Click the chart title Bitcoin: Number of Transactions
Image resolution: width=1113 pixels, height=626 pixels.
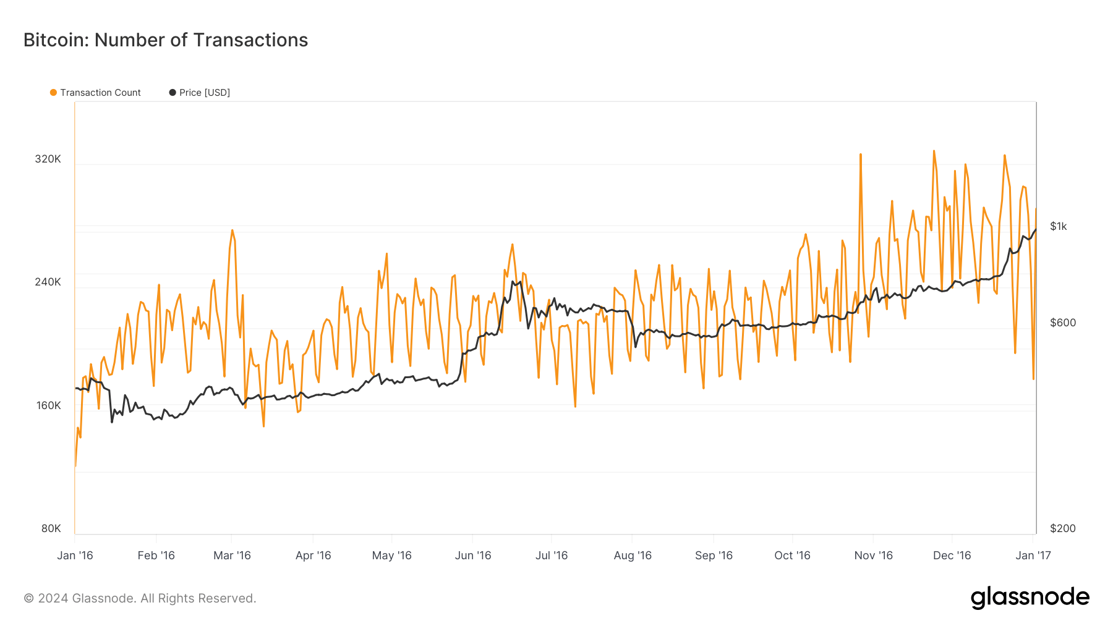166,40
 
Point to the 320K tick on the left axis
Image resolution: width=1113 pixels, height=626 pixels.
48,159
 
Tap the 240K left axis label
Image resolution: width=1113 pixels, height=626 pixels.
48,282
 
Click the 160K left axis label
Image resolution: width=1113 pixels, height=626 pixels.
48,405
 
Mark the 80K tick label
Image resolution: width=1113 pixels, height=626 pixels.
51,528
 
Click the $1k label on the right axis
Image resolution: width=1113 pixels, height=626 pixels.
1058,226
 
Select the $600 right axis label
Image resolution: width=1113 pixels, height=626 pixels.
1062,323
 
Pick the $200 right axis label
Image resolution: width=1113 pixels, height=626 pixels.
1062,528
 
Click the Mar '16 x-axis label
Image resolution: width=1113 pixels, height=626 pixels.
232,556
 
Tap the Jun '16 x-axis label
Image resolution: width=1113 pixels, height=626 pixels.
473,556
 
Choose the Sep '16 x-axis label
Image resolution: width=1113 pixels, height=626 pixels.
714,556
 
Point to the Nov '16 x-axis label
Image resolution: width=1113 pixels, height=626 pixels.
873,556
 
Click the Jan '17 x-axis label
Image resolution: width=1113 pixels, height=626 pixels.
1033,556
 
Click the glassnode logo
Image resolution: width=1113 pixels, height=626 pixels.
1030,598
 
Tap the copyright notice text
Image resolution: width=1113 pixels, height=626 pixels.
140,598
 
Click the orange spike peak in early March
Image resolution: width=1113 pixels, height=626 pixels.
232,231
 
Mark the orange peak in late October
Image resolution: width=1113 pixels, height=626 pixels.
860,154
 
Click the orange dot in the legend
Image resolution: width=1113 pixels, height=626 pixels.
54,93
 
